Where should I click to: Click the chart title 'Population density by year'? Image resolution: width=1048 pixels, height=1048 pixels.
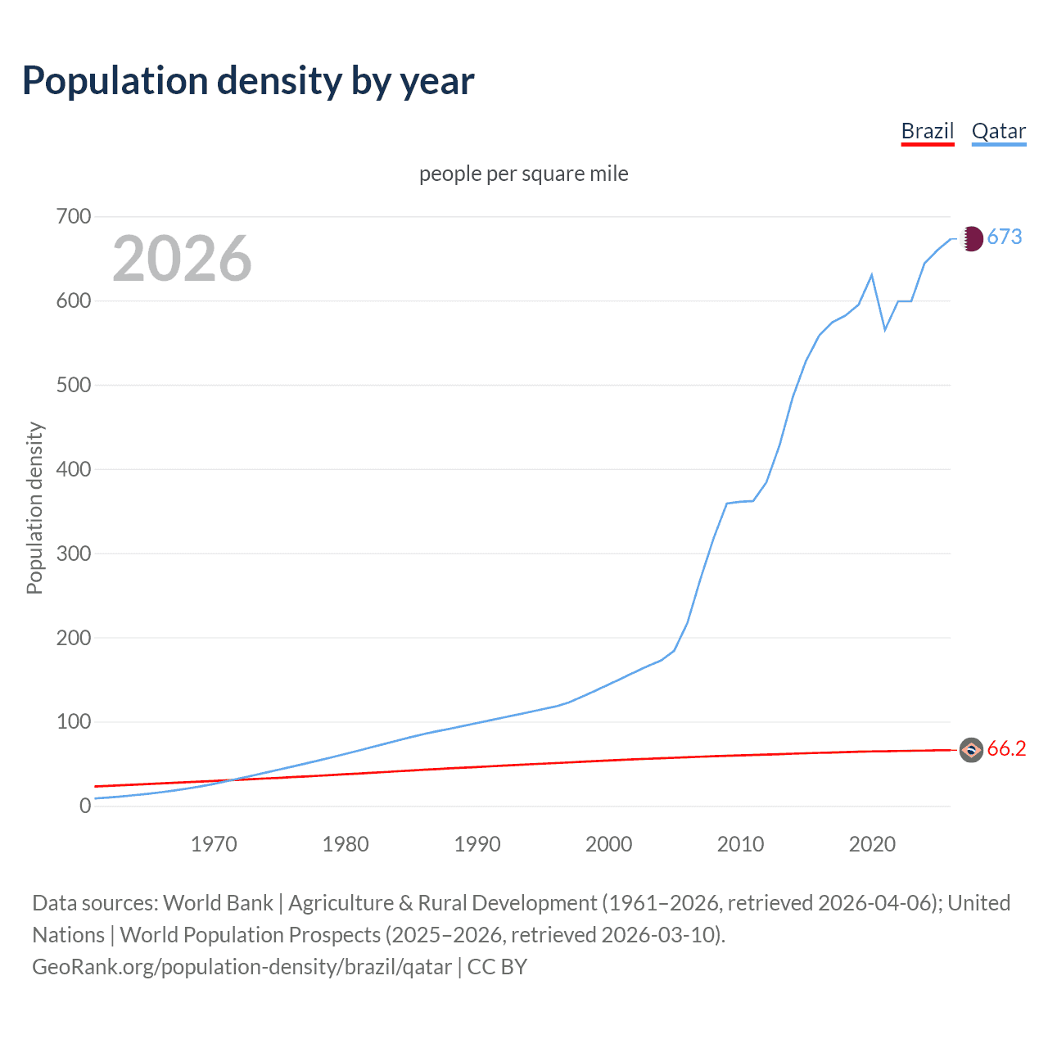coord(248,81)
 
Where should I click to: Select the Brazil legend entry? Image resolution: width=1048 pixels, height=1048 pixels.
coord(927,131)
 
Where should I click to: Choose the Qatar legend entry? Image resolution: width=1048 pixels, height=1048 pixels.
coord(998,131)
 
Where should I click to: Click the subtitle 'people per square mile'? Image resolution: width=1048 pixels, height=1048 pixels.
coord(523,174)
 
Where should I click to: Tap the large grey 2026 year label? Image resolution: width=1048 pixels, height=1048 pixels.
coord(182,259)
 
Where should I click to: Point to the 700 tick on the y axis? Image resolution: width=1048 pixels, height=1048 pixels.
coord(74,217)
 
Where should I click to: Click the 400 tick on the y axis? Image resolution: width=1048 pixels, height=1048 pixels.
coord(74,469)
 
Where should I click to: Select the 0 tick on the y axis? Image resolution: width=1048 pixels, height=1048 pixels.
coord(85,806)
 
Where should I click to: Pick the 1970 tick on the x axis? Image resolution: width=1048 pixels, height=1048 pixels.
coord(214,844)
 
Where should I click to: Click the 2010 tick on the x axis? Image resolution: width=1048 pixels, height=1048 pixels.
coord(740,844)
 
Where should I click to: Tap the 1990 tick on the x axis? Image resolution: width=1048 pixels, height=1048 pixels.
coord(477,844)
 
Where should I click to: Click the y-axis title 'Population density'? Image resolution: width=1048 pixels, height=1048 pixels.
coord(34,508)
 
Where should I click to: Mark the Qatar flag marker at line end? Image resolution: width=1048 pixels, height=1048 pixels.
coord(971,238)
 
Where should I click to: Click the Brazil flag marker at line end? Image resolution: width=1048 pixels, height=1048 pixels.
coord(971,749)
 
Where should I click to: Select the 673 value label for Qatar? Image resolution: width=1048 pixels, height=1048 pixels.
coord(1005,237)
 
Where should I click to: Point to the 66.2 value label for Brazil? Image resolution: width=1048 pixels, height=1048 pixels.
coord(1006,749)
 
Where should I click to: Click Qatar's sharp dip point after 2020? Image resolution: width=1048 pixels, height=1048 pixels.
coord(885,330)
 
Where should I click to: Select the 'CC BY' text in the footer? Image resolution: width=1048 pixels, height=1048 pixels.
coord(497,967)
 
